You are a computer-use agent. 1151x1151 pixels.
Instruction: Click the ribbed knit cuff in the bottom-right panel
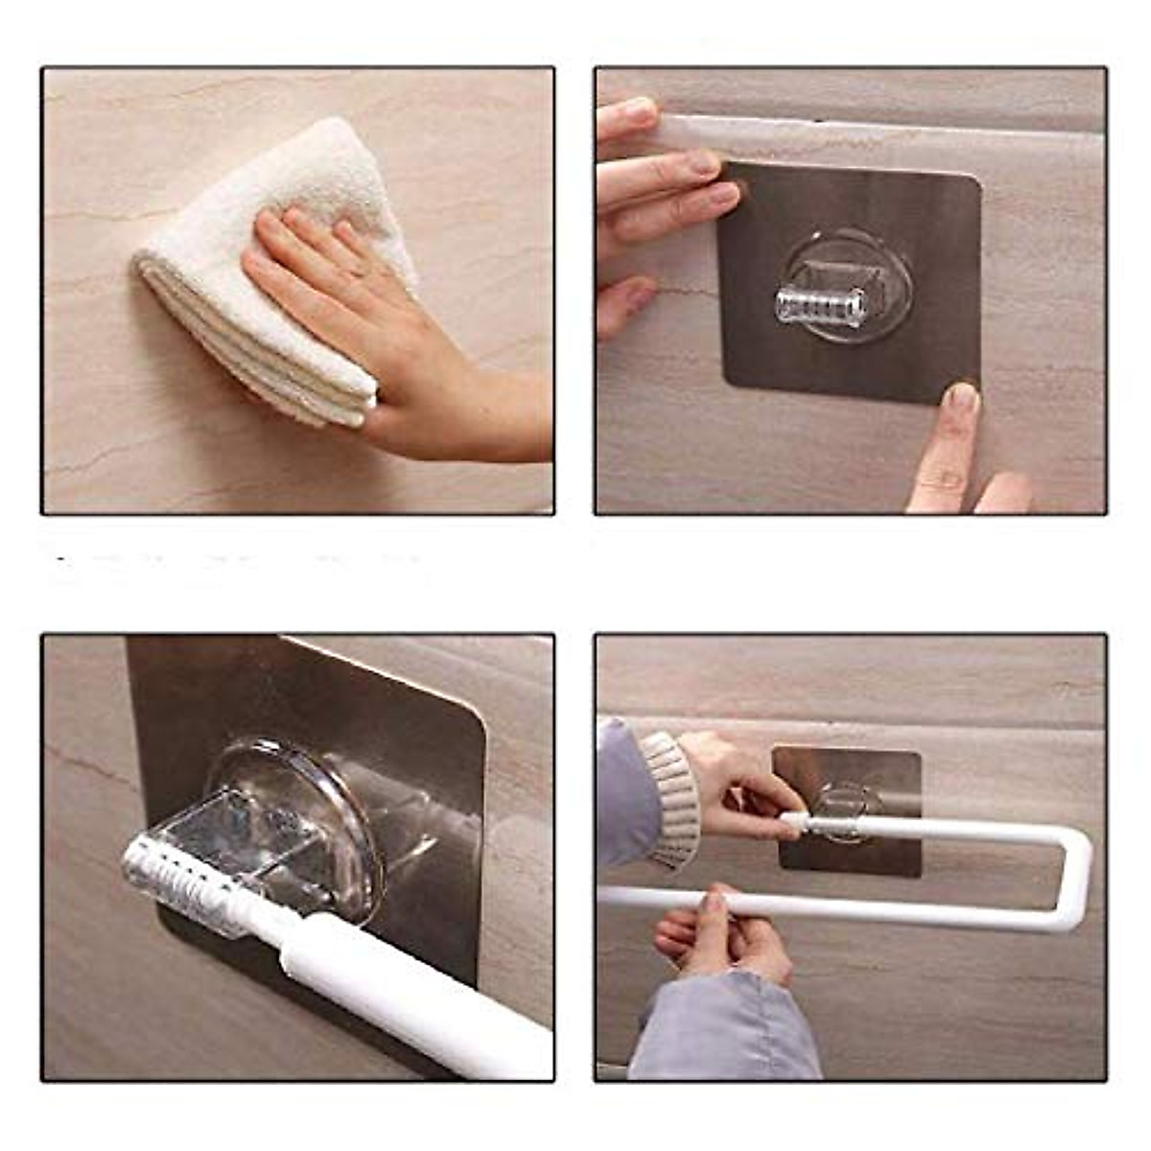[x=671, y=801]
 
